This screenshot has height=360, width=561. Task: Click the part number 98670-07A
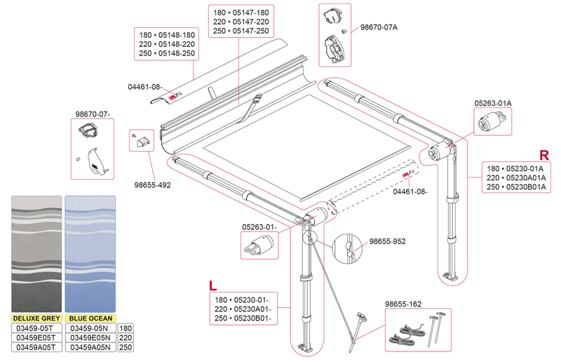379,27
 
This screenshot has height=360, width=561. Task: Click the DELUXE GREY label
35,318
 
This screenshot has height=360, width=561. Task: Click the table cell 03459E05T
35,338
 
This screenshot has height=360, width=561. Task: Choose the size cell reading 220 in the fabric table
126,338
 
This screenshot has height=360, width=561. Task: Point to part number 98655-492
153,185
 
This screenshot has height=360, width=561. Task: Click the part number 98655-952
387,241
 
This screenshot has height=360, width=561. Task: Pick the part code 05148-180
177,35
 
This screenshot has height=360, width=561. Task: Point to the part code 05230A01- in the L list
250,309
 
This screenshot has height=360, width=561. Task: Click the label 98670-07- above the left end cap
93,114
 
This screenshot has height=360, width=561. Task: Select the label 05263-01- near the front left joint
260,227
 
